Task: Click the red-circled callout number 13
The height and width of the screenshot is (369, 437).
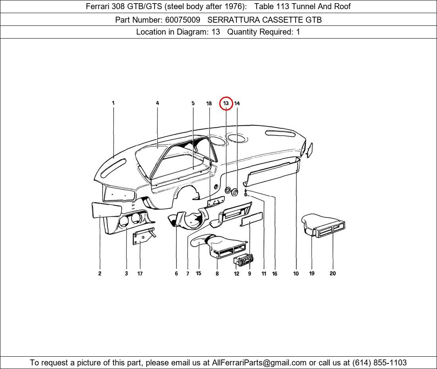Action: [x=226, y=103]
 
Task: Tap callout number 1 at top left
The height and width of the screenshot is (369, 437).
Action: [x=113, y=103]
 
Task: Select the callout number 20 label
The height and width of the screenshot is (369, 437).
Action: [x=333, y=274]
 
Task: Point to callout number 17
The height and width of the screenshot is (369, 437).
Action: [x=140, y=274]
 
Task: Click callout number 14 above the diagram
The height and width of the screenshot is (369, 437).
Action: [x=237, y=103]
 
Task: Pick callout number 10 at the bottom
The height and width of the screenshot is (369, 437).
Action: [x=296, y=274]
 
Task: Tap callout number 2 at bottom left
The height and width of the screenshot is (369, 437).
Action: [x=100, y=274]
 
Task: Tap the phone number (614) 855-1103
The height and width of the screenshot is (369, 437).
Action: [x=379, y=363]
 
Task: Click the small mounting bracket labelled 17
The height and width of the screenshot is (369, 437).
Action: [x=142, y=237]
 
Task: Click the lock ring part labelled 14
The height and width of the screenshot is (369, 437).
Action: [x=235, y=192]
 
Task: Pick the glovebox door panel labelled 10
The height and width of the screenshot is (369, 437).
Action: [x=272, y=174]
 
